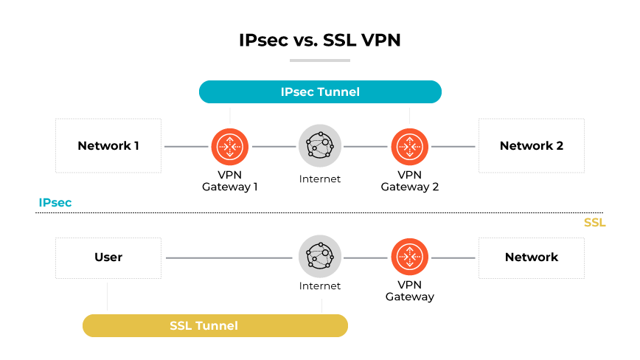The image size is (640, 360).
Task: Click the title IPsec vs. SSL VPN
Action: pos(319,40)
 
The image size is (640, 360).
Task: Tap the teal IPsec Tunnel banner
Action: pos(320,92)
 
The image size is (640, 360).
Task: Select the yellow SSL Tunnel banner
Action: pos(215,325)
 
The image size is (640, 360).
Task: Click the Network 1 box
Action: pos(108,146)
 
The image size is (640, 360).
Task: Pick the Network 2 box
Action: pos(531,146)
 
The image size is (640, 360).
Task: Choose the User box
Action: pos(108,257)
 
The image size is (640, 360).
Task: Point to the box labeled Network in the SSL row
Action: pos(531,257)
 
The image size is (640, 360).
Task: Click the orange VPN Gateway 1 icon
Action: pos(230,146)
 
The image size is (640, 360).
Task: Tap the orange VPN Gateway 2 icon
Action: pos(409,146)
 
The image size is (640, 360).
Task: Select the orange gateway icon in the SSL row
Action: pos(409,257)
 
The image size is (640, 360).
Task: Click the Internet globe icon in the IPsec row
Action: pos(320,146)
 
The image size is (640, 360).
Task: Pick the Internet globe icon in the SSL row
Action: pos(320,257)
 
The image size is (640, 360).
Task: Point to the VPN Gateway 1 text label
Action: pos(230,181)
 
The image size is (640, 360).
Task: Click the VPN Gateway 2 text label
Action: pos(409,181)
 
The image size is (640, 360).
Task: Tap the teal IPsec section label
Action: pos(55,202)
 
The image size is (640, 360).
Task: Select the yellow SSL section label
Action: pos(594,222)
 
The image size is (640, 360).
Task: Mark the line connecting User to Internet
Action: pos(229,258)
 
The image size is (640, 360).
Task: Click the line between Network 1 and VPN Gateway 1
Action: pos(186,147)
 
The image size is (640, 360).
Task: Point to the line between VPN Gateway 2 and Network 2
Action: pos(453,147)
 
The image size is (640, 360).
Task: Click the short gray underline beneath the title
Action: pos(319,60)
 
